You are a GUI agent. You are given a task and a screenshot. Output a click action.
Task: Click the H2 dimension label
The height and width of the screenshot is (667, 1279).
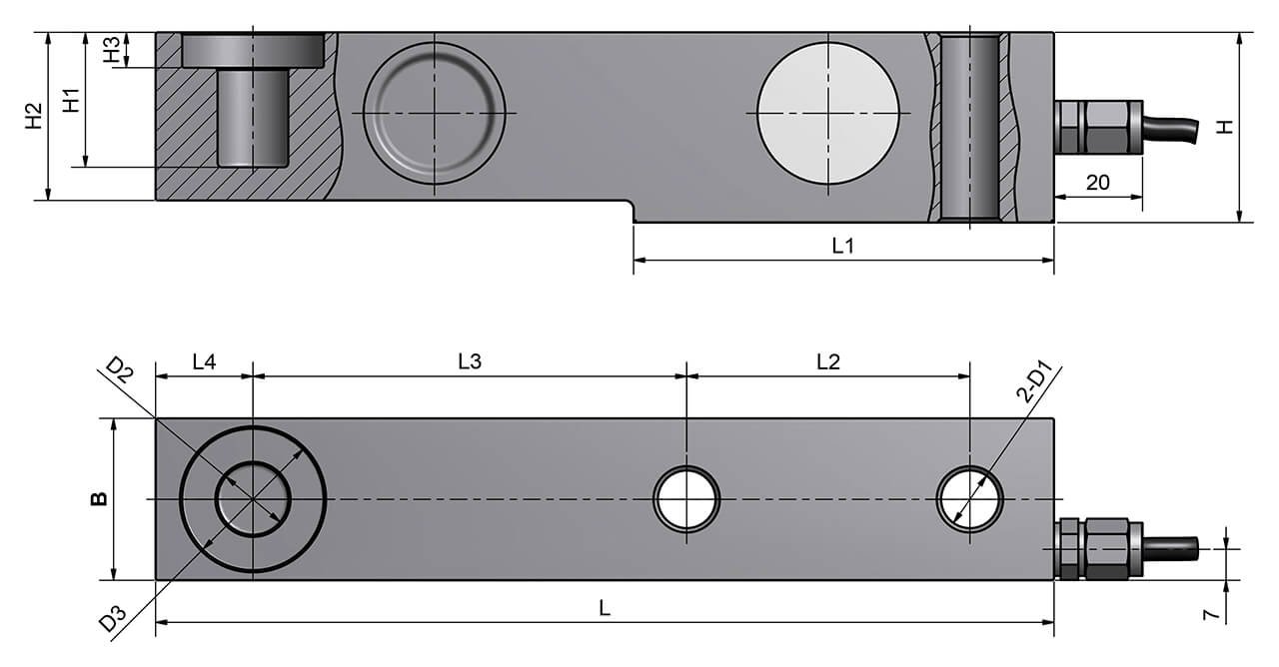click(34, 116)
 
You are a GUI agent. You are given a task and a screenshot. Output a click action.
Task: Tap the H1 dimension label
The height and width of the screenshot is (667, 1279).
click(71, 101)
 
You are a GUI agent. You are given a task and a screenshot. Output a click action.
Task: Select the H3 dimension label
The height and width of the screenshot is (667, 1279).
click(112, 49)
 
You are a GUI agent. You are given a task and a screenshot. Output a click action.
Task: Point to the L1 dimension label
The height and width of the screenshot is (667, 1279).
click(842, 246)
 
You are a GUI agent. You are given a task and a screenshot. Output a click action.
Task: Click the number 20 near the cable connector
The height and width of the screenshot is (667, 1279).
click(1097, 183)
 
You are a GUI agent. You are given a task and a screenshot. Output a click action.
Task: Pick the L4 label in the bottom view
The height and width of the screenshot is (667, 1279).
click(204, 361)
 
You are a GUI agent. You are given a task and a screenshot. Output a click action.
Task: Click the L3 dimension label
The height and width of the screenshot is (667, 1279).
click(470, 361)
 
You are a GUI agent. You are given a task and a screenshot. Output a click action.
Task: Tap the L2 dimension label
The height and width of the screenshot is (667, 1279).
click(828, 361)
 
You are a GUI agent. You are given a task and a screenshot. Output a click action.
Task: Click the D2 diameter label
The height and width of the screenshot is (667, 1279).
click(120, 369)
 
